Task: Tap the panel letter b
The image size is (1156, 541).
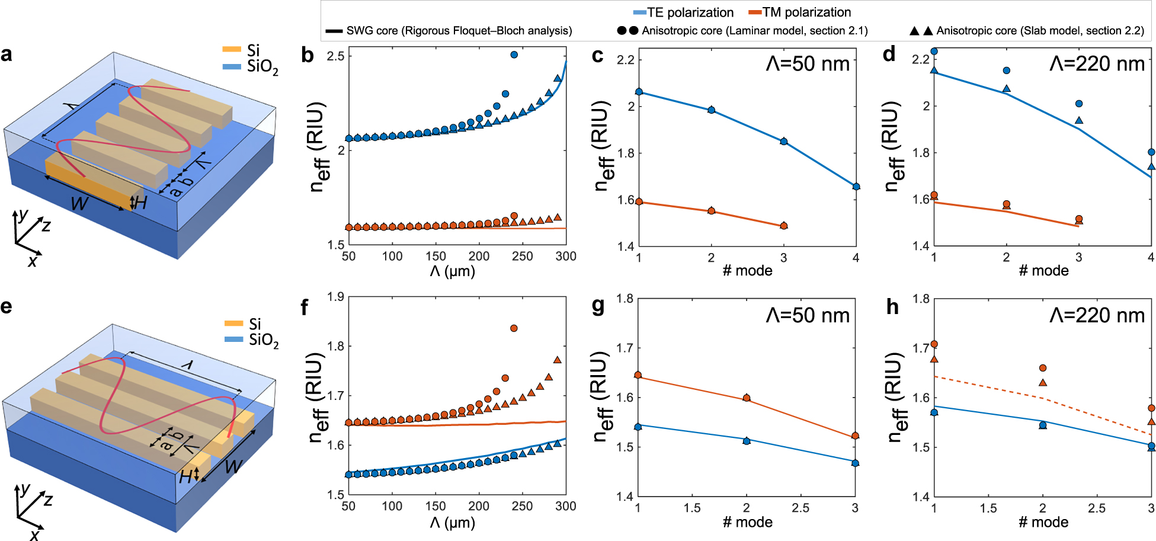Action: (x=307, y=55)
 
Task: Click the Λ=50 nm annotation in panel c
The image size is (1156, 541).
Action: (x=808, y=63)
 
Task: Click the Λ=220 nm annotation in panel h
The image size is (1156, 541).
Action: (x=1097, y=315)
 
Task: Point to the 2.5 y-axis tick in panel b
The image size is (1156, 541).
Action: (x=336, y=56)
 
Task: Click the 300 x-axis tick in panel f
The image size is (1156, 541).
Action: (x=565, y=506)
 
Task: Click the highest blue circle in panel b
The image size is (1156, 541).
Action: (x=514, y=55)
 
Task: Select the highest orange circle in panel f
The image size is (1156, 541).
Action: (x=514, y=328)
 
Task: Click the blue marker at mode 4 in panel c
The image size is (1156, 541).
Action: (x=856, y=187)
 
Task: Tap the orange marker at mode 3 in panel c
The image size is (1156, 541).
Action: (x=784, y=226)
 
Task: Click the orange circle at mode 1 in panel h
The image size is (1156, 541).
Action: (x=934, y=344)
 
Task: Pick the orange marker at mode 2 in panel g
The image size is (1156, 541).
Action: (x=747, y=398)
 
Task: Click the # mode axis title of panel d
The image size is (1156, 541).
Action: (x=1043, y=271)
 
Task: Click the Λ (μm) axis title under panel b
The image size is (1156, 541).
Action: (x=453, y=271)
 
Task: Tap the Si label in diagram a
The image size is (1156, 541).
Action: (x=254, y=50)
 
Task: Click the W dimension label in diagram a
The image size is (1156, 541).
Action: (x=79, y=204)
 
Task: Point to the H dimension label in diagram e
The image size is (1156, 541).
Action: (x=185, y=476)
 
